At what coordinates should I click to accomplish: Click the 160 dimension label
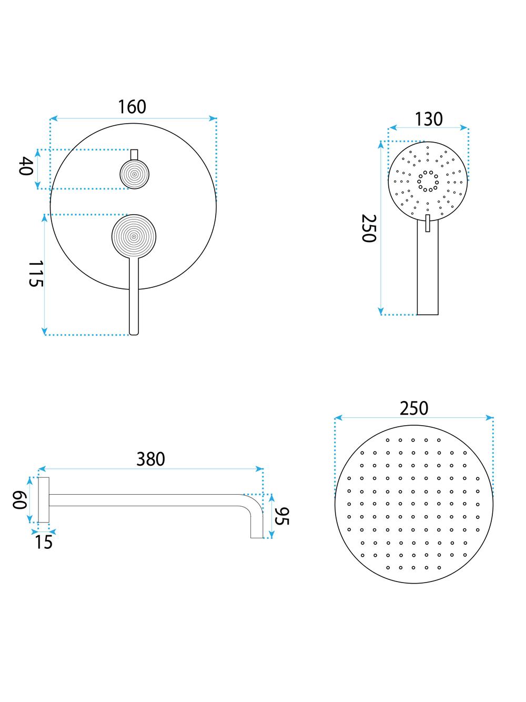click(x=131, y=107)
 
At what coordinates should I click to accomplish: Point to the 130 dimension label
click(x=428, y=119)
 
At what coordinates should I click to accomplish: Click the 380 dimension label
click(x=150, y=459)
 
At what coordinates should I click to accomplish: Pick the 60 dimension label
click(x=19, y=500)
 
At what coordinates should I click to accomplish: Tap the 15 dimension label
click(x=44, y=542)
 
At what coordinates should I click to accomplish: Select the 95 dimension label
click(x=282, y=516)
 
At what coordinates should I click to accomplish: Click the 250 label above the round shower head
click(x=414, y=408)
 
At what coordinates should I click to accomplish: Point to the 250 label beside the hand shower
click(x=369, y=228)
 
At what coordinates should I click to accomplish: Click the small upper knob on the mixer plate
click(x=135, y=174)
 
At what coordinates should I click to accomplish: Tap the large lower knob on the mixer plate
click(x=134, y=236)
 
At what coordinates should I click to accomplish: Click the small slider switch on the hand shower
click(x=428, y=223)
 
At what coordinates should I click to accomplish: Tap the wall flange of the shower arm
click(x=44, y=500)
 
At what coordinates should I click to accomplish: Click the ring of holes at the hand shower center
click(x=428, y=180)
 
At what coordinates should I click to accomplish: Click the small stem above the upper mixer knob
click(x=134, y=154)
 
